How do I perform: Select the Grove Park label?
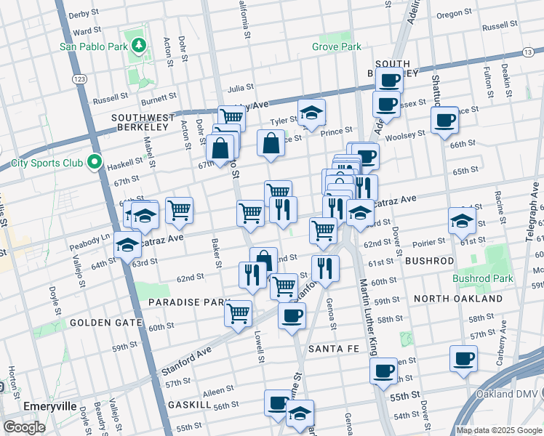coord(337,47)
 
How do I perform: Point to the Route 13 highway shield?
coord(528,52)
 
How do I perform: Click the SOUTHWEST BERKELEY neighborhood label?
coord(143,122)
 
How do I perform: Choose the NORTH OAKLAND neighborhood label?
coord(457,299)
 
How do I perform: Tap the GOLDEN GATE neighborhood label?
coord(100,322)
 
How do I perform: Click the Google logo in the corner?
coord(25,427)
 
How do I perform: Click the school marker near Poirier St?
coord(462,220)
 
